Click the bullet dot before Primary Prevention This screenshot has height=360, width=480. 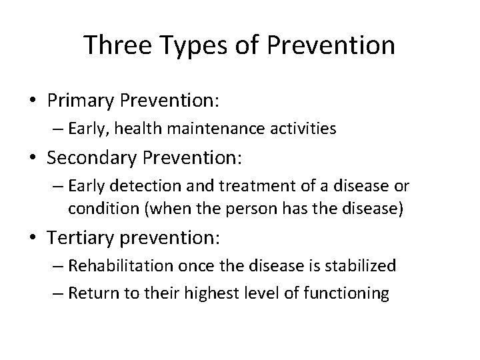tap(33, 100)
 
